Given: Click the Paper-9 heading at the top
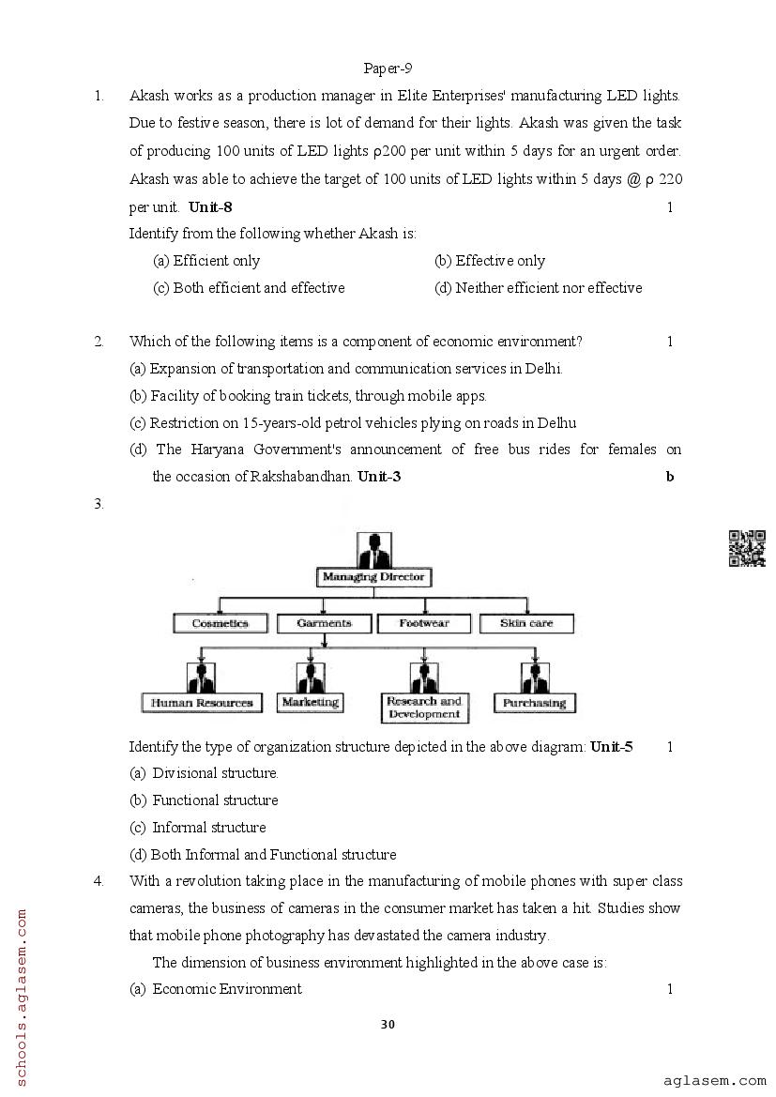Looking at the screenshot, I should [x=388, y=69].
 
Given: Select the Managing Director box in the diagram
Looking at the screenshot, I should [x=373, y=577].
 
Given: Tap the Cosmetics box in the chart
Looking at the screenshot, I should [x=221, y=623].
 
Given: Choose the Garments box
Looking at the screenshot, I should [x=324, y=623].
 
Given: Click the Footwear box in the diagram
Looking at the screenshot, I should [x=424, y=623].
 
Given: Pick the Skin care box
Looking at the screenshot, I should [x=526, y=623].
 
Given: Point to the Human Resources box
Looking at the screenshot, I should [x=202, y=702].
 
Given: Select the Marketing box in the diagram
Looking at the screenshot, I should [x=310, y=702].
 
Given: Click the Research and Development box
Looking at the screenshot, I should [x=424, y=708].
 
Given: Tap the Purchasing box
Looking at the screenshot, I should [x=534, y=703].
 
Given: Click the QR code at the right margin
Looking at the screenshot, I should [x=747, y=549].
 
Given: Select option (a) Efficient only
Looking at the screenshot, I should [x=206, y=261].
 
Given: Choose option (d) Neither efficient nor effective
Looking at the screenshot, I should [x=539, y=288].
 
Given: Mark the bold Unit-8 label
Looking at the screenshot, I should [x=210, y=207].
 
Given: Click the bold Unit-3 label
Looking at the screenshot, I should [x=379, y=477].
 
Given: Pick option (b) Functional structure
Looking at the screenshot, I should [x=205, y=800].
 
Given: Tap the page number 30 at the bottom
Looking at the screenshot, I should [x=388, y=1024].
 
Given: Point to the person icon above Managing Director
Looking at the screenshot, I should [x=373, y=549].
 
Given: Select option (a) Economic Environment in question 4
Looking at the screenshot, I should [x=217, y=989].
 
